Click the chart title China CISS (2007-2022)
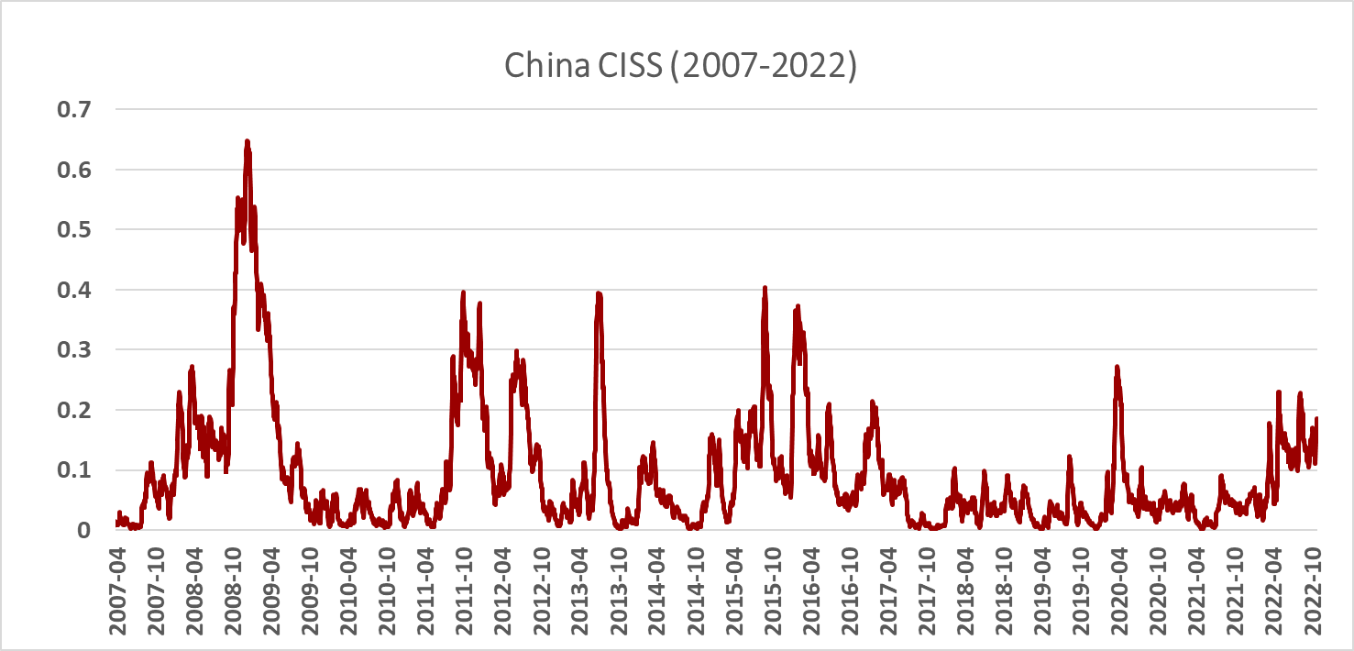pos(679,68)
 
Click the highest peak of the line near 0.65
pos(247,141)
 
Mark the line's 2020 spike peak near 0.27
pos(1117,368)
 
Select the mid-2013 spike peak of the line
pos(599,293)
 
